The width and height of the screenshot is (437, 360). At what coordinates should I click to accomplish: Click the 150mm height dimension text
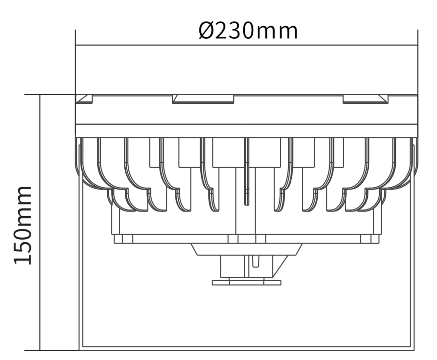tap(23, 225)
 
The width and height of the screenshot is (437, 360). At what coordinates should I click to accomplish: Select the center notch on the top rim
tap(203, 99)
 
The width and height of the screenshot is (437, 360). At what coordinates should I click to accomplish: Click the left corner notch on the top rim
tap(84, 99)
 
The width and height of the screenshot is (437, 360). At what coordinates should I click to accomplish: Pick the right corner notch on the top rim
tap(365, 99)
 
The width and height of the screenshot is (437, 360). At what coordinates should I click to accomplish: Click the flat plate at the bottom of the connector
tap(247, 283)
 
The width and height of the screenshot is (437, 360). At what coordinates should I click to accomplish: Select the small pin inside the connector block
tap(256, 261)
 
